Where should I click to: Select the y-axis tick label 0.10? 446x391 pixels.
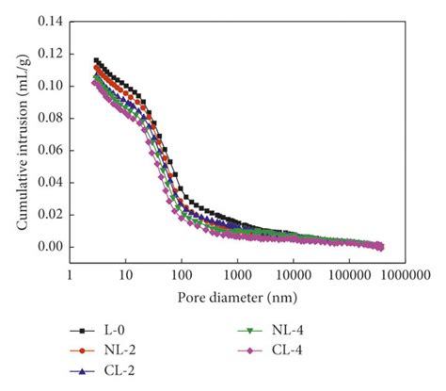pyautogui.click(x=51, y=86)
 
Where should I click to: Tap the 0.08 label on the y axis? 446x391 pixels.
pyautogui.click(x=51, y=118)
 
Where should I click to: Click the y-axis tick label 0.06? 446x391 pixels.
pyautogui.click(x=51, y=150)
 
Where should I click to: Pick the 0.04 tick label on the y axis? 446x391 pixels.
pyautogui.click(x=51, y=182)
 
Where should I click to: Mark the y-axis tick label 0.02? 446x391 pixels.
pyautogui.click(x=51, y=214)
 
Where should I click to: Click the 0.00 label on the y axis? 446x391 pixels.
pyautogui.click(x=51, y=247)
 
